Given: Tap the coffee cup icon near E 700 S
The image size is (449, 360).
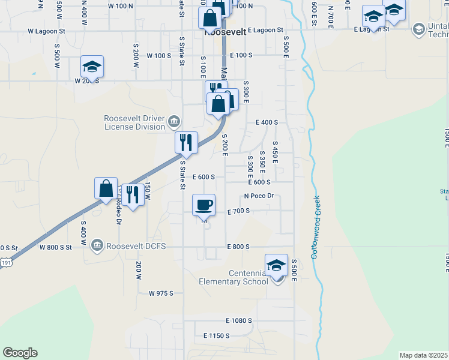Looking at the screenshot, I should click(203, 205).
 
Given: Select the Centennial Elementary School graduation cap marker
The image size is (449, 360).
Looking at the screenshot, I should click(276, 265).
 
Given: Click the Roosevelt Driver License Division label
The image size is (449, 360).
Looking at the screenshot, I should click(134, 122).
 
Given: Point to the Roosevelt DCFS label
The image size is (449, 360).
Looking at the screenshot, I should click(135, 245).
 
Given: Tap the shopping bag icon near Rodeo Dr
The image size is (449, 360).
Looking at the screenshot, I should click(106, 188).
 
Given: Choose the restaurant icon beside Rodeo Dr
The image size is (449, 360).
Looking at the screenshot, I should click(133, 194).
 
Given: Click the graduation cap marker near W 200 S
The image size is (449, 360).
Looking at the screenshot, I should click(92, 66).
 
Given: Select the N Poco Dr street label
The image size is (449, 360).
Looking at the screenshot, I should click(258, 196).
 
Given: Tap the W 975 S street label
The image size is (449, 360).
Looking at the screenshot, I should click(160, 293).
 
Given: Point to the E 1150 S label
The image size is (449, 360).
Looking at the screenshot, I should click(216, 335).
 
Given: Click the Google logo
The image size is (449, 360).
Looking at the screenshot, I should click(20, 353).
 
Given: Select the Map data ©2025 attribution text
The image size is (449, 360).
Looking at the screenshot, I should click(424, 355).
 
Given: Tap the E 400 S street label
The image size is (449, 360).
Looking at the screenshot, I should click(267, 122).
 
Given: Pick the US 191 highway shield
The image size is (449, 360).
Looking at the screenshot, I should click(5, 262).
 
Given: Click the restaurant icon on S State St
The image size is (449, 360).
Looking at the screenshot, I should click(186, 142).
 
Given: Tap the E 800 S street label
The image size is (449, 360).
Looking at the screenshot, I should click(238, 247).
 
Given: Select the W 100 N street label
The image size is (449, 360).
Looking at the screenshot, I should click(121, 5).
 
